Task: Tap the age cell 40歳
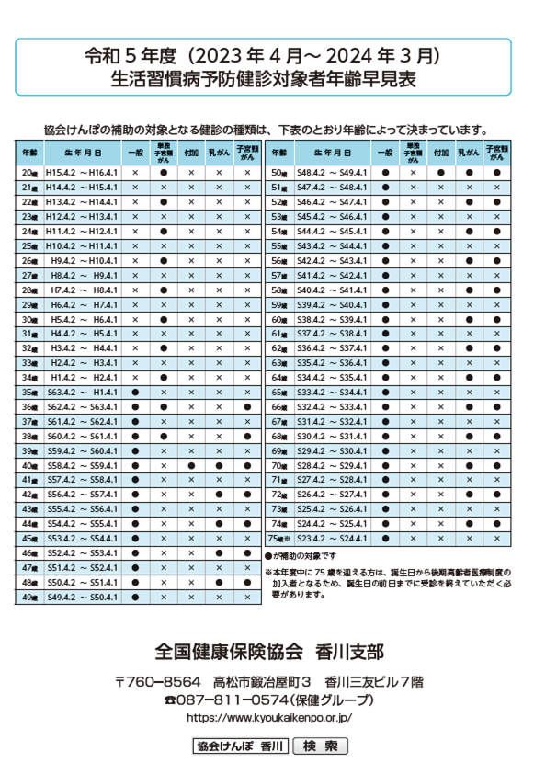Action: click(28, 466)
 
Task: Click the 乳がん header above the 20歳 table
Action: click(218, 152)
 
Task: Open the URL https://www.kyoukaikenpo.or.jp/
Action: click(268, 717)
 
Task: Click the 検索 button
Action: click(320, 746)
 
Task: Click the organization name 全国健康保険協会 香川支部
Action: click(268, 652)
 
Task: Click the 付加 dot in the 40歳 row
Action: click(191, 466)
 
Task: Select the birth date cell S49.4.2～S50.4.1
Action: click(83, 598)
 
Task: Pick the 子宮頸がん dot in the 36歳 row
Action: click(246, 407)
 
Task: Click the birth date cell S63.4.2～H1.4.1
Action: click(83, 393)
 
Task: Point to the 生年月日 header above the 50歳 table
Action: click(332, 152)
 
